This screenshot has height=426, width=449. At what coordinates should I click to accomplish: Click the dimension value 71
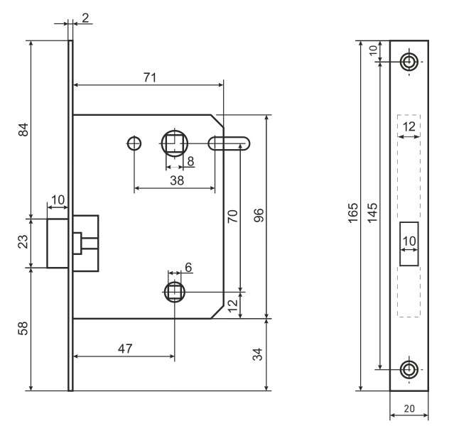(x=148, y=77)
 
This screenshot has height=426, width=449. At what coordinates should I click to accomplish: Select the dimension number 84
(x=23, y=130)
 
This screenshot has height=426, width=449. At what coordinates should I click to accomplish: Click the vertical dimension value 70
(x=232, y=217)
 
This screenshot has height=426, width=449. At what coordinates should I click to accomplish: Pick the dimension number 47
(x=125, y=349)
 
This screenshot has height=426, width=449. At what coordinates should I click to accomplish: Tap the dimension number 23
(x=23, y=243)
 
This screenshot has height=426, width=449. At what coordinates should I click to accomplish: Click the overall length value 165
(x=354, y=215)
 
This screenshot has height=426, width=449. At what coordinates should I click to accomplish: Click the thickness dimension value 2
(x=85, y=18)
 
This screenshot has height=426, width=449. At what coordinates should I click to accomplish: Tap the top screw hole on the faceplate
(x=409, y=61)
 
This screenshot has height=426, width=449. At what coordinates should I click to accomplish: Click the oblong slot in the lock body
(x=229, y=143)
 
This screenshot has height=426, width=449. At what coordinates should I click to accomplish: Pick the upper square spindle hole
(x=174, y=143)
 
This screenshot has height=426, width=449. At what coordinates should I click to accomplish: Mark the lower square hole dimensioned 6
(x=174, y=291)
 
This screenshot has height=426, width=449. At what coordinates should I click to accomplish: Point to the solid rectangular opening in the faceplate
(x=409, y=244)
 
